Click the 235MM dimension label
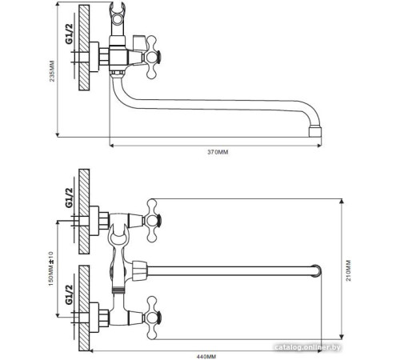point(52,71)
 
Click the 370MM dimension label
point(218,152)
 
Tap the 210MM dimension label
point(349,270)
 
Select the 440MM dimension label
point(206,356)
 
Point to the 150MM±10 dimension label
point(50,269)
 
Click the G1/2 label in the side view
point(69,34)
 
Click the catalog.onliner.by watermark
point(307,347)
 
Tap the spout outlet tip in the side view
point(315,132)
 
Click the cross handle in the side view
point(152,57)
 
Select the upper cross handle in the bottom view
point(152,221)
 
